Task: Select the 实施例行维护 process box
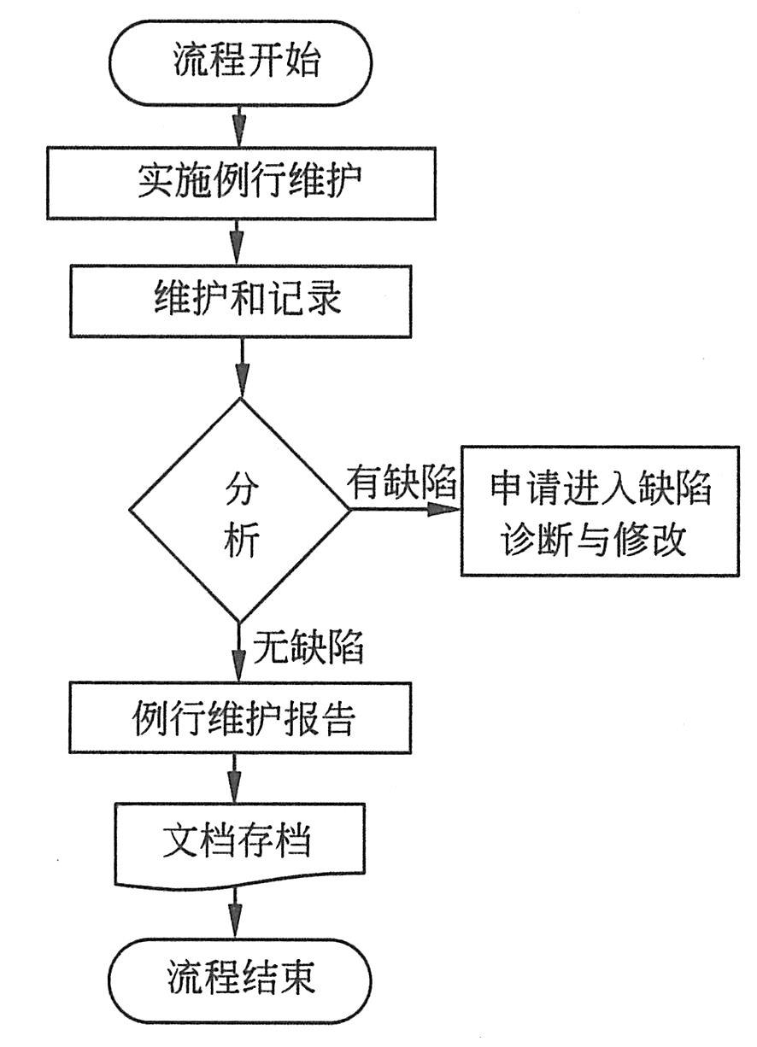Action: pyautogui.click(x=240, y=183)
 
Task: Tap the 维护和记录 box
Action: pyautogui.click(x=240, y=300)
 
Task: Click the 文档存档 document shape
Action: pyautogui.click(x=238, y=842)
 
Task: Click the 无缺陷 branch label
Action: pyautogui.click(x=308, y=649)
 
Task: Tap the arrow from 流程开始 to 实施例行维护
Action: pyautogui.click(x=240, y=127)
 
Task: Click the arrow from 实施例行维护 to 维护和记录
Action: pyautogui.click(x=240, y=243)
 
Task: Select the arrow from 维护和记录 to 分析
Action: pyautogui.click(x=241, y=367)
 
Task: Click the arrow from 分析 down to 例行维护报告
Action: pyautogui.click(x=240, y=653)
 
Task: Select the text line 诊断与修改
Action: pyautogui.click(x=595, y=540)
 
